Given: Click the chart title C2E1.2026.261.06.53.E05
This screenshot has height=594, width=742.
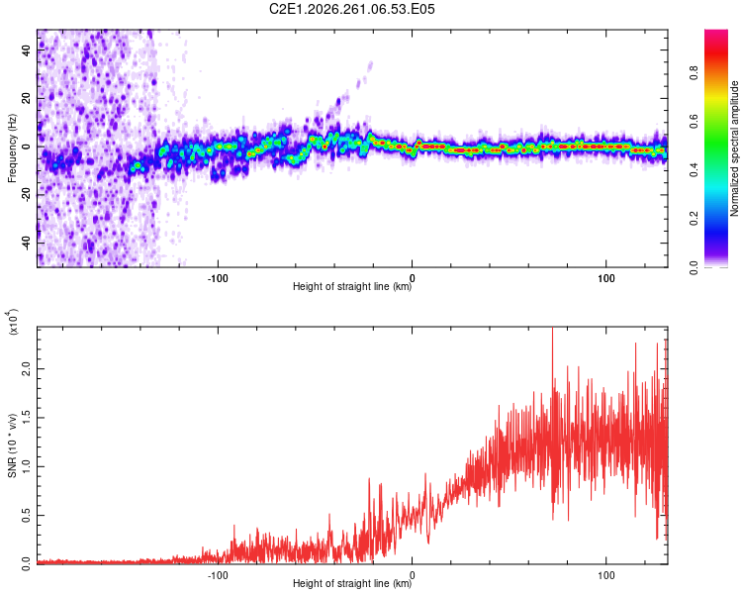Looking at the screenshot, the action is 351,9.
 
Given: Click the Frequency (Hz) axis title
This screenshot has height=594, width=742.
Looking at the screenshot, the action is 12,148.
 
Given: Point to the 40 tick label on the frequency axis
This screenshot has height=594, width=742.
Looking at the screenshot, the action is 27,49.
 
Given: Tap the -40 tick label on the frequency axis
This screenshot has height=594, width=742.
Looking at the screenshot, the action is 27,245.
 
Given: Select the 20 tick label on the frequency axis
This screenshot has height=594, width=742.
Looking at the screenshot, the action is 27,99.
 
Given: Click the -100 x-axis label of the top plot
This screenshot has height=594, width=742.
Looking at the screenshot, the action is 218,278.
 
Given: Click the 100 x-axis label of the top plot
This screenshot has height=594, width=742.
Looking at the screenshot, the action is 606,278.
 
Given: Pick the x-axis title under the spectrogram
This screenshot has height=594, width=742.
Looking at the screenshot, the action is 352,286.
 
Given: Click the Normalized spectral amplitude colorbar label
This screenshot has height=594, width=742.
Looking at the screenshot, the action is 734,148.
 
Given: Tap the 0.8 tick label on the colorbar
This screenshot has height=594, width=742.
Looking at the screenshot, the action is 694,73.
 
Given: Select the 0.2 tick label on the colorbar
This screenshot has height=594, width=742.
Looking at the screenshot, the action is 694,219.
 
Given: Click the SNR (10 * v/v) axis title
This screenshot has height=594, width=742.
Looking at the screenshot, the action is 12,445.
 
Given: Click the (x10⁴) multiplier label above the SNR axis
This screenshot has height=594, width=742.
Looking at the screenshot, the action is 13,322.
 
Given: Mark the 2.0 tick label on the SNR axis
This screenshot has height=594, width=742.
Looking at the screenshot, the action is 27,369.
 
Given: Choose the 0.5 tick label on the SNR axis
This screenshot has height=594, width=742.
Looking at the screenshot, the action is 27,516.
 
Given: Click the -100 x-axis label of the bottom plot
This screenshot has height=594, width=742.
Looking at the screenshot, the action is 218,575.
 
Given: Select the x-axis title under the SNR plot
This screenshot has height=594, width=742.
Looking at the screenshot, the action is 352,583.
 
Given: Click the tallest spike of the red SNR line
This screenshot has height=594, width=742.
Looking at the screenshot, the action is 553,329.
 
